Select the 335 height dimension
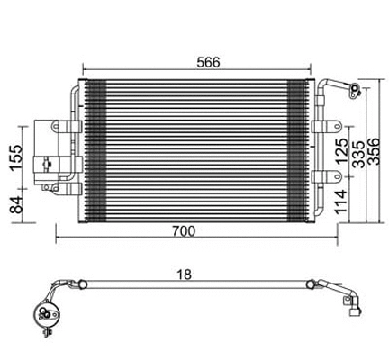tap(358, 157)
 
